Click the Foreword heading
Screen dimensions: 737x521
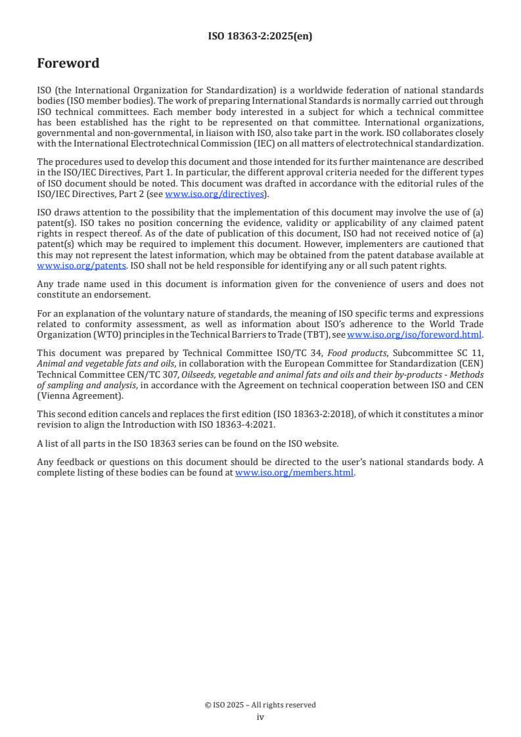[x=68, y=64]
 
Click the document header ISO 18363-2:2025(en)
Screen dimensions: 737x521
[x=260, y=37]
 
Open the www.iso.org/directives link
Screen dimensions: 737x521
[x=214, y=194]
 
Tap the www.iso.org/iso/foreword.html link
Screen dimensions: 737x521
[x=414, y=334]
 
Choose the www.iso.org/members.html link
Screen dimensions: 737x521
[x=294, y=472]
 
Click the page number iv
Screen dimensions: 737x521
[x=260, y=717]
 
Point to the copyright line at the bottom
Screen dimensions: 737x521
[x=260, y=705]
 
